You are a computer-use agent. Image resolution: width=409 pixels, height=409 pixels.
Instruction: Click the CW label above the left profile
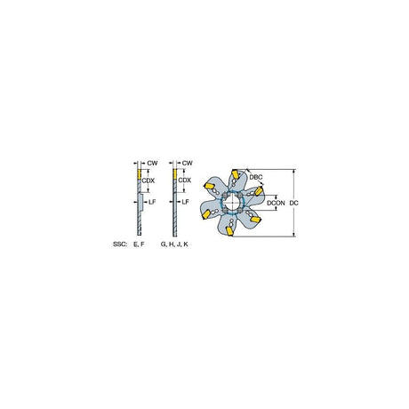click(x=152, y=163)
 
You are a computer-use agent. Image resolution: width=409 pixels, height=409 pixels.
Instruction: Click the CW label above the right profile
click(x=187, y=163)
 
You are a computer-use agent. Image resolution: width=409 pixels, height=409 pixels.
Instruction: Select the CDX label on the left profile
click(x=148, y=180)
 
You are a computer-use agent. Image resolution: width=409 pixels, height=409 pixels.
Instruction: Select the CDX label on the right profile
click(x=185, y=180)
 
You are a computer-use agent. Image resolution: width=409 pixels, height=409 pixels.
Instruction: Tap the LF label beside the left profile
click(x=152, y=202)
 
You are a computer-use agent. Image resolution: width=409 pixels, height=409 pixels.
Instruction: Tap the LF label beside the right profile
click(x=185, y=202)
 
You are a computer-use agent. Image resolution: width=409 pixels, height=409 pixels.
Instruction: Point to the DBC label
click(x=256, y=177)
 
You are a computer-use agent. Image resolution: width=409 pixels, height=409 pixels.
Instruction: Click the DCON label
click(x=276, y=203)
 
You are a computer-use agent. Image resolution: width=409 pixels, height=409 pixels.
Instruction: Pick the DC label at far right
click(x=293, y=203)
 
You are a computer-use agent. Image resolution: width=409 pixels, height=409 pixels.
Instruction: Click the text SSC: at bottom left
click(x=120, y=245)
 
